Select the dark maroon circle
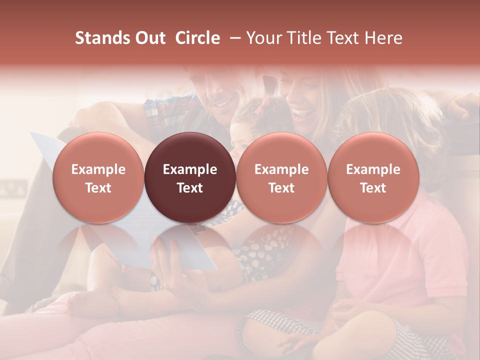[190, 178]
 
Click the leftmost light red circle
[98, 178]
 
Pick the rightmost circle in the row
[373, 178]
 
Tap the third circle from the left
[281, 178]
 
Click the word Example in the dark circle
[190, 169]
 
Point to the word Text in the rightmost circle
[373, 188]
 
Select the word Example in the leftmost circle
[98, 169]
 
